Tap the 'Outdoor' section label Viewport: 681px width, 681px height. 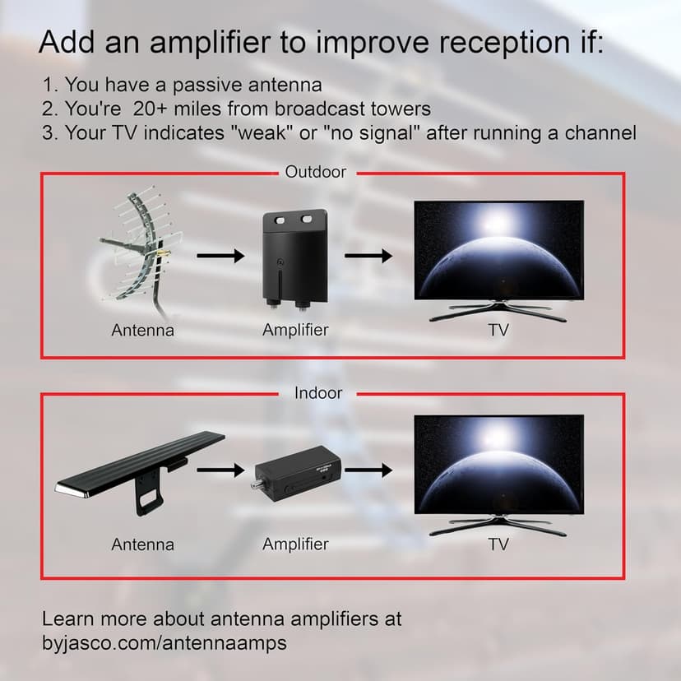315,172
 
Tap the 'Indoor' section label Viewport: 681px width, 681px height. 318,393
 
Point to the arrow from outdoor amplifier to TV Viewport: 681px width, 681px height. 368,256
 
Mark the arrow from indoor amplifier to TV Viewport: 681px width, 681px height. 368,470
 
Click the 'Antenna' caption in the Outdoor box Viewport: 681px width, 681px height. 142,330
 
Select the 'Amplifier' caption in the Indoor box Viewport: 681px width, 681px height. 295,544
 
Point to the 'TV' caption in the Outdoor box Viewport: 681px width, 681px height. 498,330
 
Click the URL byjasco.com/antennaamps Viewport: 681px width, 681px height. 164,642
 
